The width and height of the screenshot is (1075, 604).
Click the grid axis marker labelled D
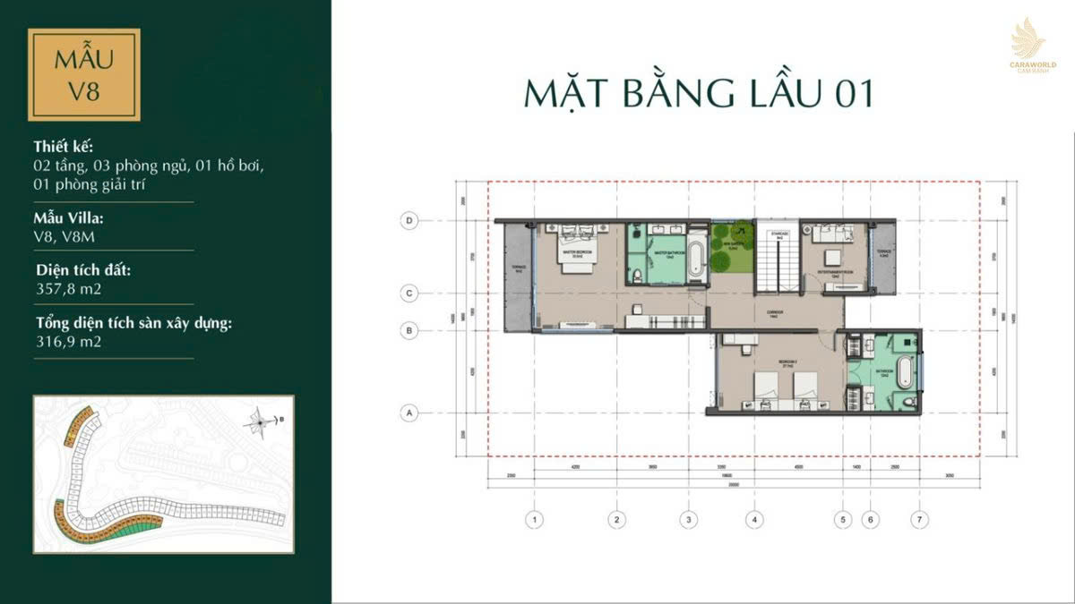pyautogui.click(x=410, y=219)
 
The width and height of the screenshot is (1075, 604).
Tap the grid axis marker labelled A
pyautogui.click(x=410, y=413)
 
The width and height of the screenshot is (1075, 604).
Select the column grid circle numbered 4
pyautogui.click(x=755, y=518)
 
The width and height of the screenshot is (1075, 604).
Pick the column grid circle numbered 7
pyautogui.click(x=918, y=518)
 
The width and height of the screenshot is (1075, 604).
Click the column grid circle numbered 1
pyautogui.click(x=534, y=518)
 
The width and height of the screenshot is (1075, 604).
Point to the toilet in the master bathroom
pyautogui.click(x=633, y=274)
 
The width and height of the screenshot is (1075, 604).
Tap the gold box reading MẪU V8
pyautogui.click(x=84, y=74)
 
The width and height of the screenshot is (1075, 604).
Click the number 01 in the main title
pyautogui.click(x=850, y=94)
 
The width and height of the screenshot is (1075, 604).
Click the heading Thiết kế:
pyautogui.click(x=63, y=147)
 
